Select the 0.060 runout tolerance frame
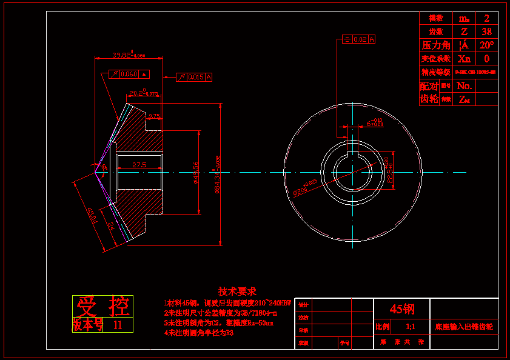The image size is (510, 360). tap(129, 74)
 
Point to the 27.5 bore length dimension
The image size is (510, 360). tap(139, 164)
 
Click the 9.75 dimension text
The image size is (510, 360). tap(153, 115)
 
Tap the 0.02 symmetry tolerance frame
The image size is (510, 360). tap(359, 39)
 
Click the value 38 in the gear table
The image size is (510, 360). tap(486, 31)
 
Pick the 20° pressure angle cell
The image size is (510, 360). tap(486, 45)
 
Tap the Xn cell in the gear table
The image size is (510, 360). tap(464, 59)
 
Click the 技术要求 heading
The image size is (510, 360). tap(237, 291)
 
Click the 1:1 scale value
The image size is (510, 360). tap(410, 327)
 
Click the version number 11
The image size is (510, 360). tap(118, 325)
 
